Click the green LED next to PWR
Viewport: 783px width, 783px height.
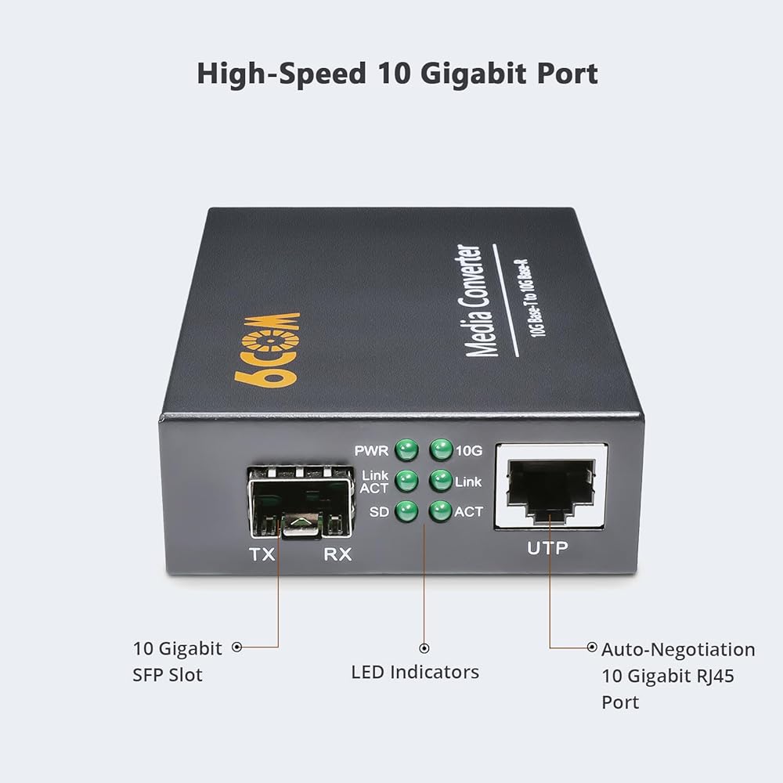click(406, 450)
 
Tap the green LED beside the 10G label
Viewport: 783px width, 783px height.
click(441, 449)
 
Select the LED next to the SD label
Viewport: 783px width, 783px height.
click(406, 511)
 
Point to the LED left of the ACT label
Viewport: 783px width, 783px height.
click(440, 511)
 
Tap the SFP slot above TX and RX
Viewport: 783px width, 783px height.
click(301, 503)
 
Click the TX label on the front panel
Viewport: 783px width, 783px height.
click(262, 554)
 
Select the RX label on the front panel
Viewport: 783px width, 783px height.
click(337, 554)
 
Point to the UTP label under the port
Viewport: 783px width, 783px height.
click(548, 548)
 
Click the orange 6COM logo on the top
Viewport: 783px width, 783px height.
click(267, 349)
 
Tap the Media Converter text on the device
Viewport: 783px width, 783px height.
click(475, 301)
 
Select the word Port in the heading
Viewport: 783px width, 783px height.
click(567, 74)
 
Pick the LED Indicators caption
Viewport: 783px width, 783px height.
click(415, 672)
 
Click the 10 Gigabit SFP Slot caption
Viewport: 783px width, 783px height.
click(177, 662)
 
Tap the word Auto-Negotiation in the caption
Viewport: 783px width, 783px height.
click(678, 650)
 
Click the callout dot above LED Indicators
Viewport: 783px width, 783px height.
click(424, 648)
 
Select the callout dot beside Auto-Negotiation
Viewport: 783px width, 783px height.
click(592, 648)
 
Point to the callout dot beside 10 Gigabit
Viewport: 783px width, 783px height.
click(237, 648)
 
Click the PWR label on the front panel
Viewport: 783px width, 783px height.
click(371, 451)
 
